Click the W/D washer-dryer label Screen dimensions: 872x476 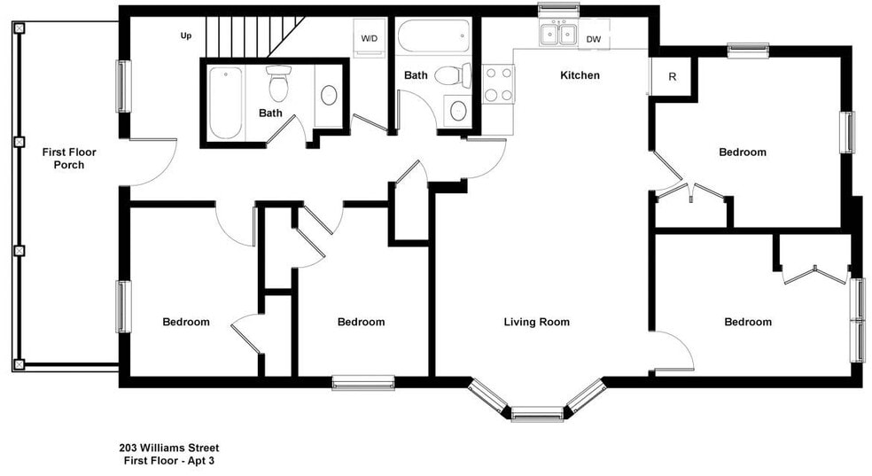pyautogui.click(x=370, y=38)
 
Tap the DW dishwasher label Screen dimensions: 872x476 pyautogui.click(x=594, y=39)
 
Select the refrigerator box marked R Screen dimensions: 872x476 pyautogui.click(x=672, y=77)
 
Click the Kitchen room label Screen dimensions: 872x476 pyautogui.click(x=580, y=75)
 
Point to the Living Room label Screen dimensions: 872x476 pyautogui.click(x=537, y=322)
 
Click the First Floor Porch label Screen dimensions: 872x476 pyautogui.click(x=69, y=159)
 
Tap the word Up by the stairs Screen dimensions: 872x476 pyautogui.click(x=186, y=35)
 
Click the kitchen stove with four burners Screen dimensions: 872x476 pyautogui.click(x=498, y=84)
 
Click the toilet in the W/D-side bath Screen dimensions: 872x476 pyautogui.click(x=278, y=83)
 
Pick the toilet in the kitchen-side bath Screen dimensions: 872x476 pyautogui.click(x=453, y=75)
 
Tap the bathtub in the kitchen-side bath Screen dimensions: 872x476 pyautogui.click(x=433, y=36)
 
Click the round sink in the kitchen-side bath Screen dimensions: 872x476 pyautogui.click(x=457, y=111)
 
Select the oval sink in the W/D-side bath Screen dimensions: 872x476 pyautogui.click(x=329, y=95)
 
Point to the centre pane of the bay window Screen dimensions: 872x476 pyautogui.click(x=537, y=414)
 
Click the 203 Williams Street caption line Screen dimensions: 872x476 pyautogui.click(x=169, y=448)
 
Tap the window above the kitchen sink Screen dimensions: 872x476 pyautogui.click(x=558, y=10)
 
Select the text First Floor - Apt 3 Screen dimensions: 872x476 pyautogui.click(x=169, y=460)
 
